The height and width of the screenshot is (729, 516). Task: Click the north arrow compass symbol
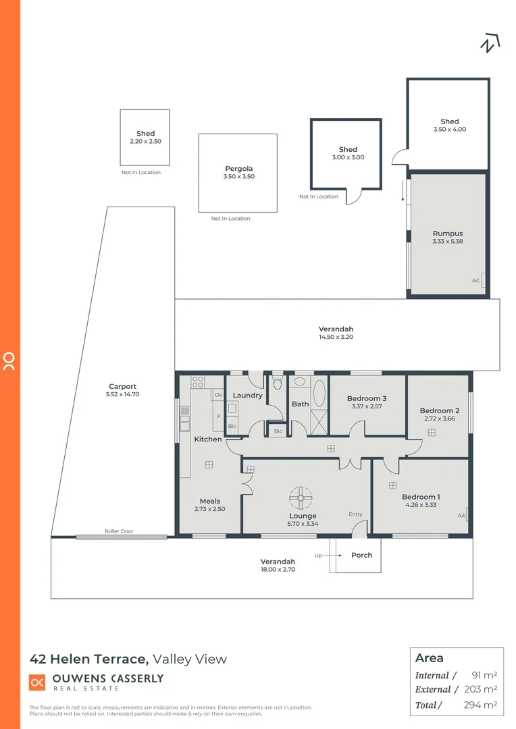pyautogui.click(x=490, y=43)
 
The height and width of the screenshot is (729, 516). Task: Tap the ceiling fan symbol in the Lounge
pyautogui.click(x=300, y=498)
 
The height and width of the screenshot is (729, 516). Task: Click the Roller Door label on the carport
pyautogui.click(x=119, y=531)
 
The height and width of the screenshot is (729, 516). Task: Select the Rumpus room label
pyautogui.click(x=448, y=234)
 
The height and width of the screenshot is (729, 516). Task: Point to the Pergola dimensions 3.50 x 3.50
pyautogui.click(x=238, y=177)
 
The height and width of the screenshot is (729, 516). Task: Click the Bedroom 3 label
pyautogui.click(x=367, y=398)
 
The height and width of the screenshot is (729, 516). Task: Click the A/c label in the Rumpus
pyautogui.click(x=476, y=280)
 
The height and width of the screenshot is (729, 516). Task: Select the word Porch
pyautogui.click(x=361, y=555)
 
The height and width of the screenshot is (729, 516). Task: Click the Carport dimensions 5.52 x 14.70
pyautogui.click(x=123, y=394)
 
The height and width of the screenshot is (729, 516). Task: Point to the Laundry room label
pyautogui.click(x=247, y=396)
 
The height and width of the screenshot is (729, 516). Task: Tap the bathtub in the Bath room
pyautogui.click(x=319, y=393)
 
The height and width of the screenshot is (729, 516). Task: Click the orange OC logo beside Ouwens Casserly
pyautogui.click(x=37, y=682)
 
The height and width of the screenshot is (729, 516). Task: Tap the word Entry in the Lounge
pyautogui.click(x=355, y=514)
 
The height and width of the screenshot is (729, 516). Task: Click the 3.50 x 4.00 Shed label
pyautogui.click(x=449, y=130)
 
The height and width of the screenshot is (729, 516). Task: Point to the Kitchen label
pyautogui.click(x=208, y=439)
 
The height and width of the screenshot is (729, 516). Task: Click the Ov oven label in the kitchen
pyautogui.click(x=218, y=395)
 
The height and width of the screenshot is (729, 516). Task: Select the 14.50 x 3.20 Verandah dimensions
pyautogui.click(x=336, y=337)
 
